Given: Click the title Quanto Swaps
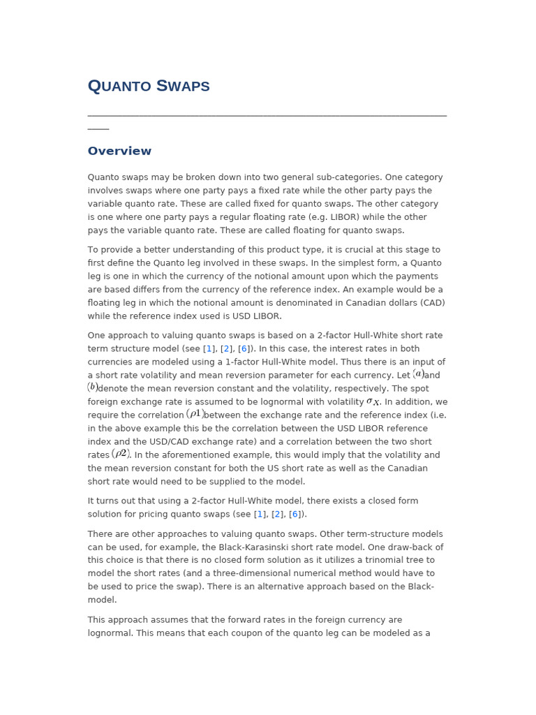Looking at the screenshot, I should click(149, 87).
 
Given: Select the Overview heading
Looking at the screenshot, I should click(119, 152).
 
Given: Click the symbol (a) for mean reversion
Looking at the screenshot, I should click(418, 374).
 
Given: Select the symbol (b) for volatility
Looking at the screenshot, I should click(93, 388).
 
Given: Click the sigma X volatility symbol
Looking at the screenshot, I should click(373, 401).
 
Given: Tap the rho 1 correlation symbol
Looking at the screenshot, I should click(195, 414).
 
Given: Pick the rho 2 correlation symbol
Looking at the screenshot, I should click(121, 454).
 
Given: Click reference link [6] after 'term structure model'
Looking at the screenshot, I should click(244, 349).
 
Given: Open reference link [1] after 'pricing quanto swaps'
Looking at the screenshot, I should click(260, 515).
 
